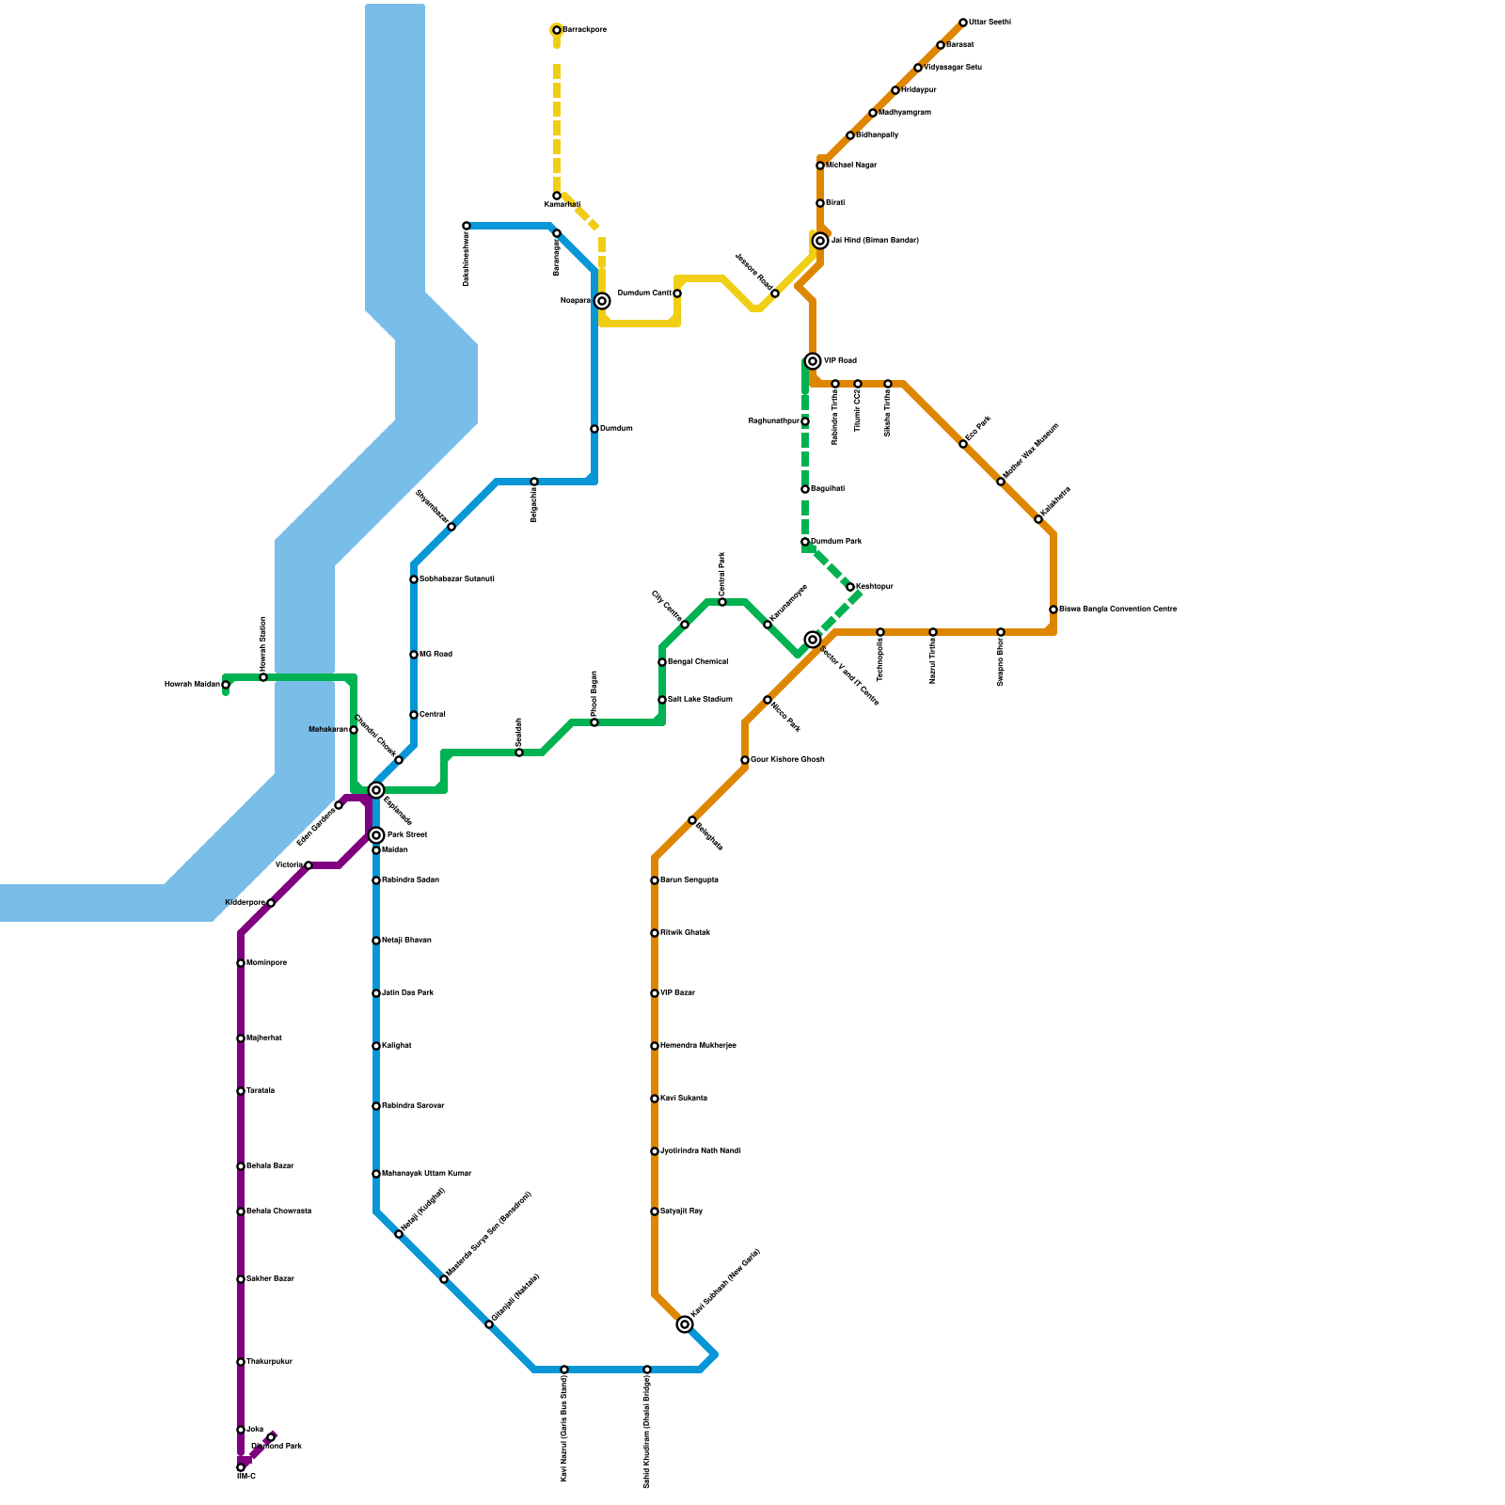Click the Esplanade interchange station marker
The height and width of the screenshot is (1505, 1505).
pos(376,790)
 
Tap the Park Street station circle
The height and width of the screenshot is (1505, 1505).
pos(376,835)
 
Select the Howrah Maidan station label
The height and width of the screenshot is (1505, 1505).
pos(192,685)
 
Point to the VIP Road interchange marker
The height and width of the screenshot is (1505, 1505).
pos(813,361)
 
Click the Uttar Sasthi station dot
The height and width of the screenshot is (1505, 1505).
pos(963,23)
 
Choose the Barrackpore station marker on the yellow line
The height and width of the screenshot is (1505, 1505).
pos(557,30)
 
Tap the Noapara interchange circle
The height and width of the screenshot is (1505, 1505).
pos(602,301)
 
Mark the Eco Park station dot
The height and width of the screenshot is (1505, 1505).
pos(963,444)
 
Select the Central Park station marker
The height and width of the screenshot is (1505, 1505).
pos(722,602)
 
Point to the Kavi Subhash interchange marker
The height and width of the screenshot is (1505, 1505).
pos(685,1324)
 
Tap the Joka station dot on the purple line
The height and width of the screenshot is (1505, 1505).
pos(241,1430)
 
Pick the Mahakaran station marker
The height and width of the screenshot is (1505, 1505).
pos(354,730)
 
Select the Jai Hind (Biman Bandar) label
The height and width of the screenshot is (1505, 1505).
pos(875,241)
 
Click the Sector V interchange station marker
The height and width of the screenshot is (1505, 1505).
pos(813,640)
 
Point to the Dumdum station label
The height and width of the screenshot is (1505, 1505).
pos(616,429)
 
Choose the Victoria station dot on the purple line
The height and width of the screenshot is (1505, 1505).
pos(309,865)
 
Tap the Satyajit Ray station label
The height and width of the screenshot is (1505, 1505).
pos(681,1212)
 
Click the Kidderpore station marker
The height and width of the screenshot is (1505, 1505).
pos(271,903)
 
